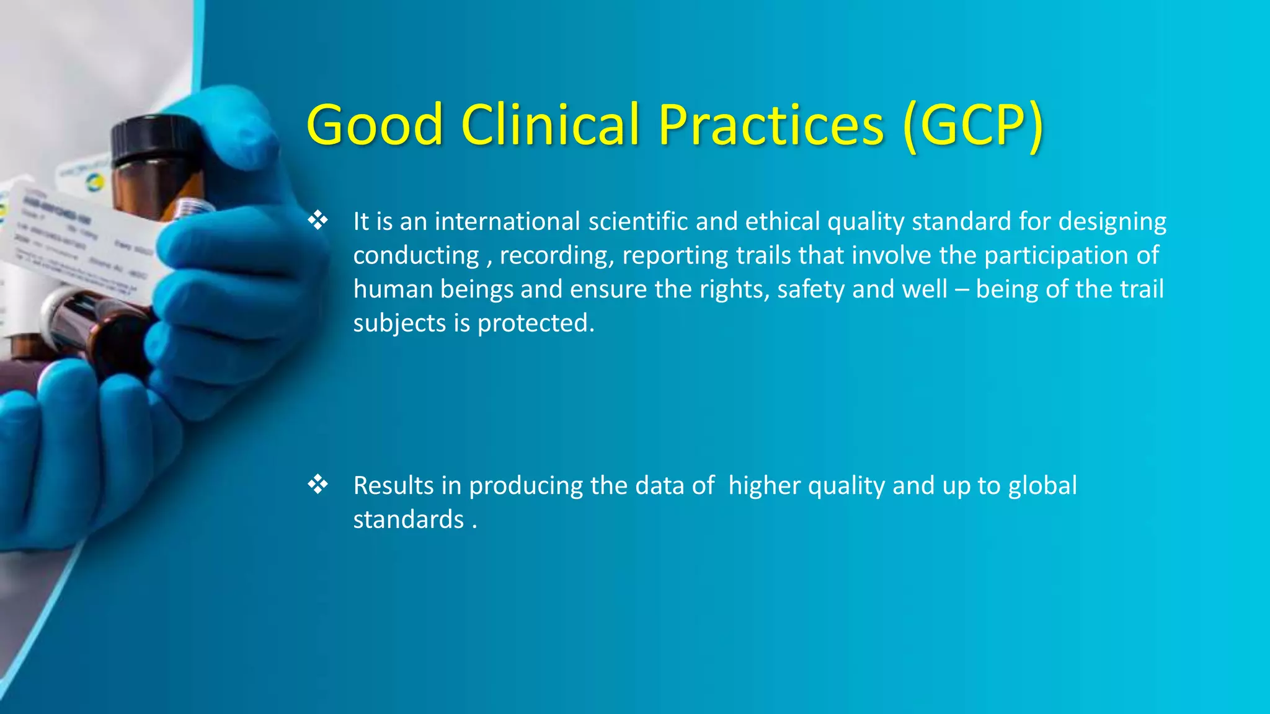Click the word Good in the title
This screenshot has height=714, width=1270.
[375, 125]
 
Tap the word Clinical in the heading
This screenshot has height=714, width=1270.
[550, 125]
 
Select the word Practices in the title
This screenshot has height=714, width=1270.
[771, 125]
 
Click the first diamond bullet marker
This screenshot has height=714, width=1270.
[317, 220]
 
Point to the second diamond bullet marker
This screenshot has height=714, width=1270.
[317, 484]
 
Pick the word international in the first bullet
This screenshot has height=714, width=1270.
[507, 221]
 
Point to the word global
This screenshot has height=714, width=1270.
[1042, 485]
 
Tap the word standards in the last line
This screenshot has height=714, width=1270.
[408, 519]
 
